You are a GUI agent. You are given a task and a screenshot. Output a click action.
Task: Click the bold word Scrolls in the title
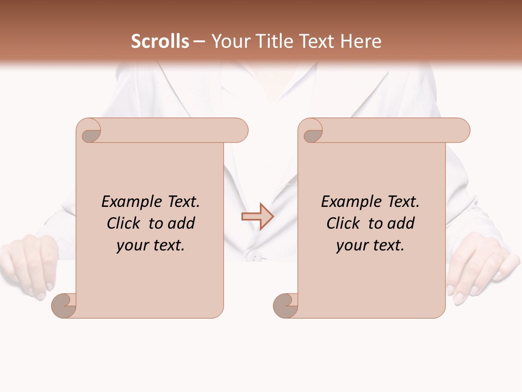click(x=160, y=41)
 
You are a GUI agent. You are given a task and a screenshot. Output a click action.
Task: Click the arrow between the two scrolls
click(x=257, y=217)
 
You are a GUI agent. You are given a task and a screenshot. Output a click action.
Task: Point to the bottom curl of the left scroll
click(x=64, y=305)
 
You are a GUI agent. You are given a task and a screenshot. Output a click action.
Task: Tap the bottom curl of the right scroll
click(x=285, y=305)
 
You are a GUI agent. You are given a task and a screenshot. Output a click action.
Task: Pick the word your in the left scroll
click(x=132, y=246)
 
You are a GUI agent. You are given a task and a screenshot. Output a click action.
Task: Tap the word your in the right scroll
click(x=352, y=246)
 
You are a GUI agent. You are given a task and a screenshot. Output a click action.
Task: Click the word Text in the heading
click(x=321, y=41)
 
